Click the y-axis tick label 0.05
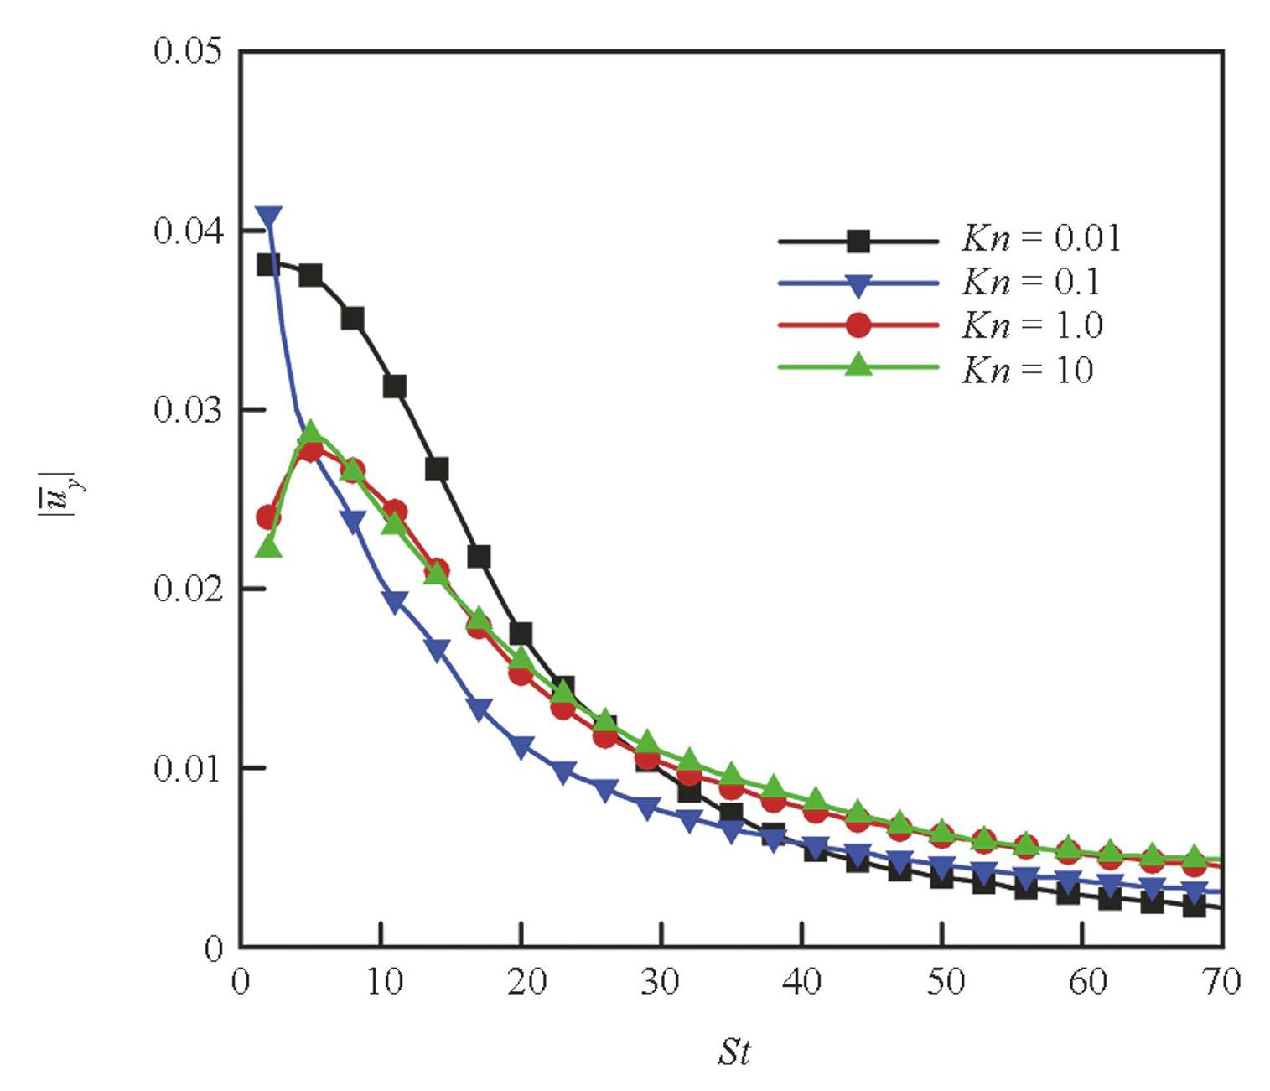tap(188, 51)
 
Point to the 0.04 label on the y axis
tap(188, 231)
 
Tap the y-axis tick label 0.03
tap(188, 410)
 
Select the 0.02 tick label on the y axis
tap(188, 589)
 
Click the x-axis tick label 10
tap(383, 981)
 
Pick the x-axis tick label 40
tap(803, 981)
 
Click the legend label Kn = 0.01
tap(1040, 239)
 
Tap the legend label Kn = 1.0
tap(1032, 325)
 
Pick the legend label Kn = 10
tap(1028, 370)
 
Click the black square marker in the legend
tap(858, 242)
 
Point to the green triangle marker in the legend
tap(858, 365)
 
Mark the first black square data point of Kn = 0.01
tap(268, 265)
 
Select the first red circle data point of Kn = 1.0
tap(268, 517)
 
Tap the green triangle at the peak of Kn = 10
tap(311, 434)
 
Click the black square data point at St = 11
tap(395, 387)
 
